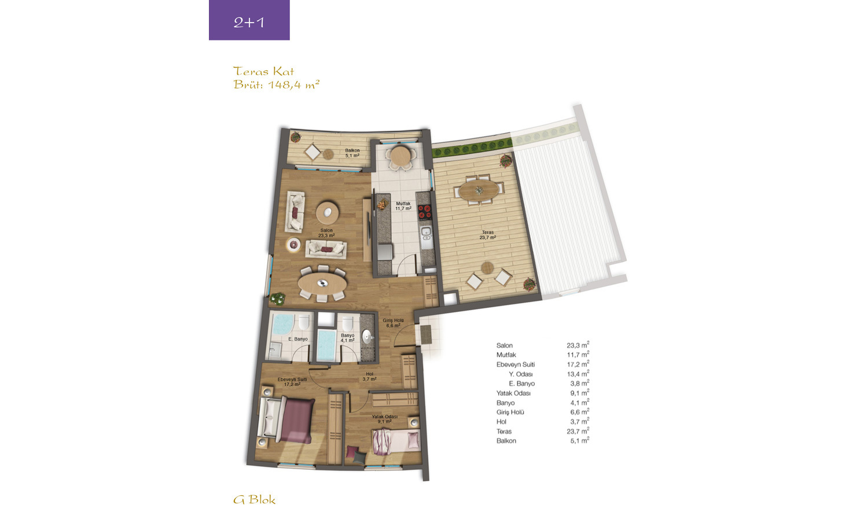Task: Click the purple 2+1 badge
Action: tap(249, 20)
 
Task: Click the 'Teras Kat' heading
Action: tap(263, 71)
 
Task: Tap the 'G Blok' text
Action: tap(254, 499)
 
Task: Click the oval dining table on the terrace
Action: tap(479, 190)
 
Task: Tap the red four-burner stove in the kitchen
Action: tap(425, 212)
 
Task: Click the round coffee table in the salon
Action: tap(327, 212)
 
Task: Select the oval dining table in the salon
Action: tap(322, 283)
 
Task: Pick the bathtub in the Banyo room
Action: tap(326, 345)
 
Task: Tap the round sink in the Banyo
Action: tap(367, 337)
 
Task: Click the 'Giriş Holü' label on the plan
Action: tap(393, 321)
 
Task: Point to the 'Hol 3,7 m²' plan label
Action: tap(369, 377)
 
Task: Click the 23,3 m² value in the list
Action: tap(578, 345)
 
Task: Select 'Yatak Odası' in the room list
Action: tap(513, 393)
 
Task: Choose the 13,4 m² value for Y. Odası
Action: tap(578, 373)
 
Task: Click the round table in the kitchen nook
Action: tap(400, 156)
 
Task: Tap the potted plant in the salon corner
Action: tap(278, 299)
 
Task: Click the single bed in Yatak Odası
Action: tap(396, 441)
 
